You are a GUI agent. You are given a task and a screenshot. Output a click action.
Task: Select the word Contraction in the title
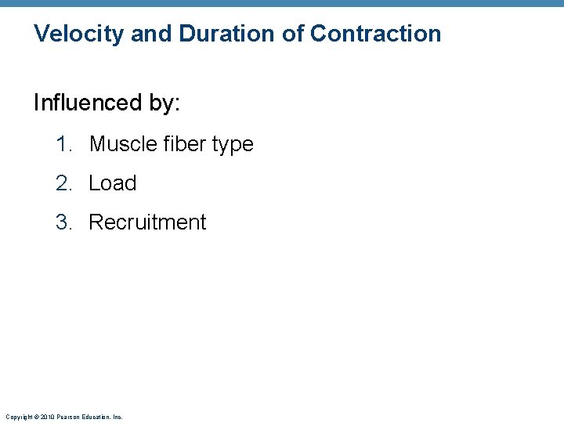375,34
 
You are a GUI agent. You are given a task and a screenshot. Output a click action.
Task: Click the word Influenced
86,103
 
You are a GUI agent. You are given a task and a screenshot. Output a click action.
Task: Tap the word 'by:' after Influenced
163,103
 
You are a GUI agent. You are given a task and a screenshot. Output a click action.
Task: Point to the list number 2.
63,183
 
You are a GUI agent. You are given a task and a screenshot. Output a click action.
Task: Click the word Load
113,183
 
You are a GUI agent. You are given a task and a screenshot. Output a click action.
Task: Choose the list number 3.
63,222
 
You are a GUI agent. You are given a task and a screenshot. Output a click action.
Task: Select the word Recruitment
147,222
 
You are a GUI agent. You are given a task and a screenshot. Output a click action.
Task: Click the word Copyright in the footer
18,417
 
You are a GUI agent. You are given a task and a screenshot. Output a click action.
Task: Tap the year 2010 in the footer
48,417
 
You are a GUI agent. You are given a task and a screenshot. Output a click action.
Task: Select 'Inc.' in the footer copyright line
118,417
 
